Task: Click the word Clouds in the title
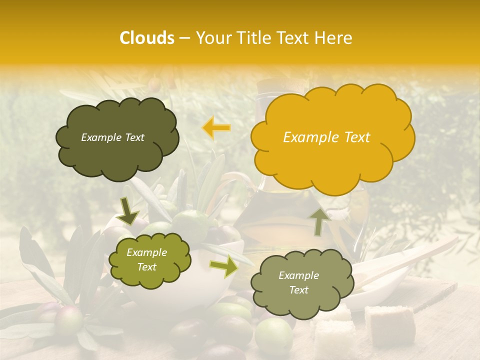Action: tap(147, 38)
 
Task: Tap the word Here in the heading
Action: tap(334, 38)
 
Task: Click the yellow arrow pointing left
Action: tap(216, 128)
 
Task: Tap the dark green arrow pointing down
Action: tap(128, 211)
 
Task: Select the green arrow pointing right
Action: tap(223, 266)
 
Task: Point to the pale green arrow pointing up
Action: tap(319, 221)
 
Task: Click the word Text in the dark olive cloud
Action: tap(133, 137)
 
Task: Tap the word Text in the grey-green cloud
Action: tap(298, 290)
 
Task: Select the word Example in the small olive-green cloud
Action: tap(146, 252)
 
